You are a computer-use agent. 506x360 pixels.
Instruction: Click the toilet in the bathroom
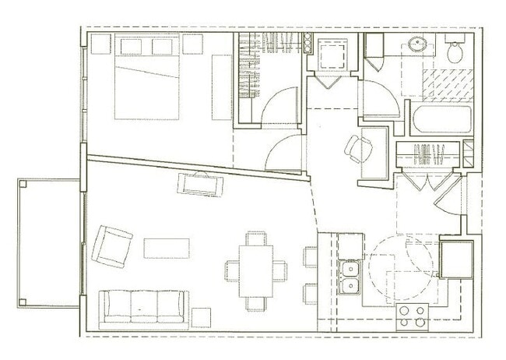(x=456, y=51)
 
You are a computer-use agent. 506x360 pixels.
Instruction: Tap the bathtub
(x=438, y=122)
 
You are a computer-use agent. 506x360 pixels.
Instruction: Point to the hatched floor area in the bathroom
(x=446, y=85)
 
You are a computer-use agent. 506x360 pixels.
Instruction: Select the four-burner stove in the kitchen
(x=413, y=316)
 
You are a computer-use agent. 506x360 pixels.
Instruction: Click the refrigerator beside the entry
(x=456, y=259)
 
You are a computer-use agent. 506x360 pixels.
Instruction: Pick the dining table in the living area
(x=256, y=270)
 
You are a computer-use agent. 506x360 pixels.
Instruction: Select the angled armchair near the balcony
(x=111, y=245)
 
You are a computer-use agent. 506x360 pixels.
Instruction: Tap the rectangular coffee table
(x=167, y=248)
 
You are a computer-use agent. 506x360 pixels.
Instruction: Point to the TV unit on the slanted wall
(x=200, y=184)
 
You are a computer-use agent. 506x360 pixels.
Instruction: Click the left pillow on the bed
(x=130, y=47)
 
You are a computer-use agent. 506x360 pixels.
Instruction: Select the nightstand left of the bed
(x=101, y=44)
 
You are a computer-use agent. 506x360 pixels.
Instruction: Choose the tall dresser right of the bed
(x=222, y=86)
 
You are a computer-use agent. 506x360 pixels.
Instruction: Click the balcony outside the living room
(x=48, y=242)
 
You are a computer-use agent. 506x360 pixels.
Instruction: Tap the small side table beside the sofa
(x=201, y=316)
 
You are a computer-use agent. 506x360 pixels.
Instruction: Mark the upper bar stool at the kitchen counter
(x=311, y=256)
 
